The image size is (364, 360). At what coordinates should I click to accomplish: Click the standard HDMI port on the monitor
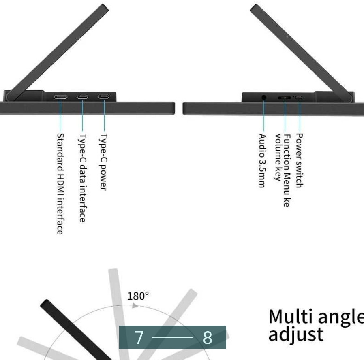(60, 97)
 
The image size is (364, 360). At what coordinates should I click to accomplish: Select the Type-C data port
(82, 96)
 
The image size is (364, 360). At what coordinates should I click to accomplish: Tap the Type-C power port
(104, 96)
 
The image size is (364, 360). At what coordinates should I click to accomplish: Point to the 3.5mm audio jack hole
(264, 98)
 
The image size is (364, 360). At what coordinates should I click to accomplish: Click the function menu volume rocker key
(284, 98)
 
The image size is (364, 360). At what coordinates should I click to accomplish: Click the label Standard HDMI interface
(60, 184)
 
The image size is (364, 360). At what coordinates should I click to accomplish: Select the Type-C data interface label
(82, 178)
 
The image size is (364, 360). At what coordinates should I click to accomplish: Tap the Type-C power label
(103, 162)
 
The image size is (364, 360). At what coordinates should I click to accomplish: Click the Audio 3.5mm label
(262, 160)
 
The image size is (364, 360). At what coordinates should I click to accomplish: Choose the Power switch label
(300, 160)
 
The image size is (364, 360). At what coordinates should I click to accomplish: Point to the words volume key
(278, 157)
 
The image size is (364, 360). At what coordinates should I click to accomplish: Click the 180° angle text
(138, 296)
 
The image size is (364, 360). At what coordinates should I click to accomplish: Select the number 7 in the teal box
(139, 337)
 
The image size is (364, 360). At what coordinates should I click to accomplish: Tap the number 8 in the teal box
(208, 337)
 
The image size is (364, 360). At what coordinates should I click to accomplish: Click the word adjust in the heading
(296, 335)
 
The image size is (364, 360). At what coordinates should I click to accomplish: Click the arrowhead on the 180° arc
(135, 306)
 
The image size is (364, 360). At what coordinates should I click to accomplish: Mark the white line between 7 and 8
(173, 337)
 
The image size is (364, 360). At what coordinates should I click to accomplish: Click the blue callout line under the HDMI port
(60, 115)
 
